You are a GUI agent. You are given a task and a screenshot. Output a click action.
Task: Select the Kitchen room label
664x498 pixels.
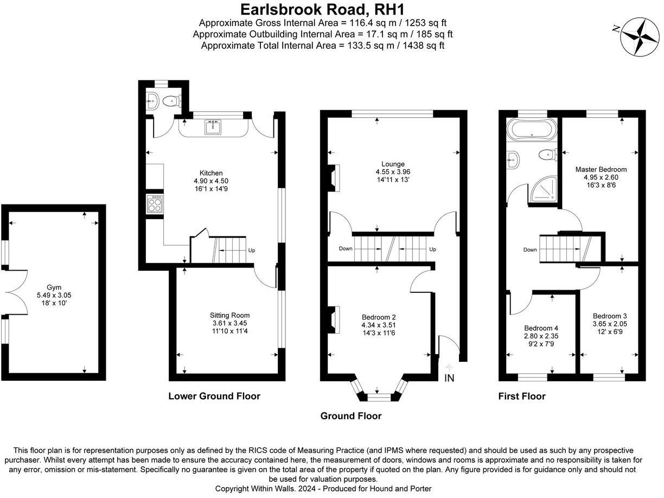pyautogui.click(x=212, y=173)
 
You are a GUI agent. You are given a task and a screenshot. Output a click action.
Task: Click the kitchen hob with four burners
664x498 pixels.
pyautogui.click(x=155, y=205)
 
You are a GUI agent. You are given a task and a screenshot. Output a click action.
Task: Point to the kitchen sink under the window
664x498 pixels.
pyautogui.click(x=212, y=128)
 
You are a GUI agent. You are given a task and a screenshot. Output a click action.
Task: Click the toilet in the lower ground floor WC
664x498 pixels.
pyautogui.click(x=171, y=100)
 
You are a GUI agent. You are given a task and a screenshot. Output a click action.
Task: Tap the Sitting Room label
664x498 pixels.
pyautogui.click(x=230, y=315)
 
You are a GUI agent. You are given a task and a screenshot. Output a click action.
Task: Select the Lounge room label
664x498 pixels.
pyautogui.click(x=393, y=164)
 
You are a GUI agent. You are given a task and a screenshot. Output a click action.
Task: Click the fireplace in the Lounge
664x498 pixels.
pyautogui.click(x=333, y=178)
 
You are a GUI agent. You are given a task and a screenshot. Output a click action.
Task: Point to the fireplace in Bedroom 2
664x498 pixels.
pyautogui.click(x=333, y=320)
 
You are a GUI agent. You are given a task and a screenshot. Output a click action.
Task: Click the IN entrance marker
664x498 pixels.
pyautogui.click(x=449, y=378)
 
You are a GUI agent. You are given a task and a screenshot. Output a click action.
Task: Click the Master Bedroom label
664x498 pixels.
pyautogui.click(x=601, y=169)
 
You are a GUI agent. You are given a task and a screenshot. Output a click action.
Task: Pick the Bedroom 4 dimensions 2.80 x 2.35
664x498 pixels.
pyautogui.click(x=541, y=336)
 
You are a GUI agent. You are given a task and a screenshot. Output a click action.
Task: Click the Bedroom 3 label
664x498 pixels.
pyautogui.click(x=610, y=316)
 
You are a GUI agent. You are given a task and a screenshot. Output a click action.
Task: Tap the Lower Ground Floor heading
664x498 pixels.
pyautogui.click(x=214, y=396)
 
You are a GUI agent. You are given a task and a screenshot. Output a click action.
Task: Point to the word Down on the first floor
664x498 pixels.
pyautogui.click(x=530, y=250)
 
